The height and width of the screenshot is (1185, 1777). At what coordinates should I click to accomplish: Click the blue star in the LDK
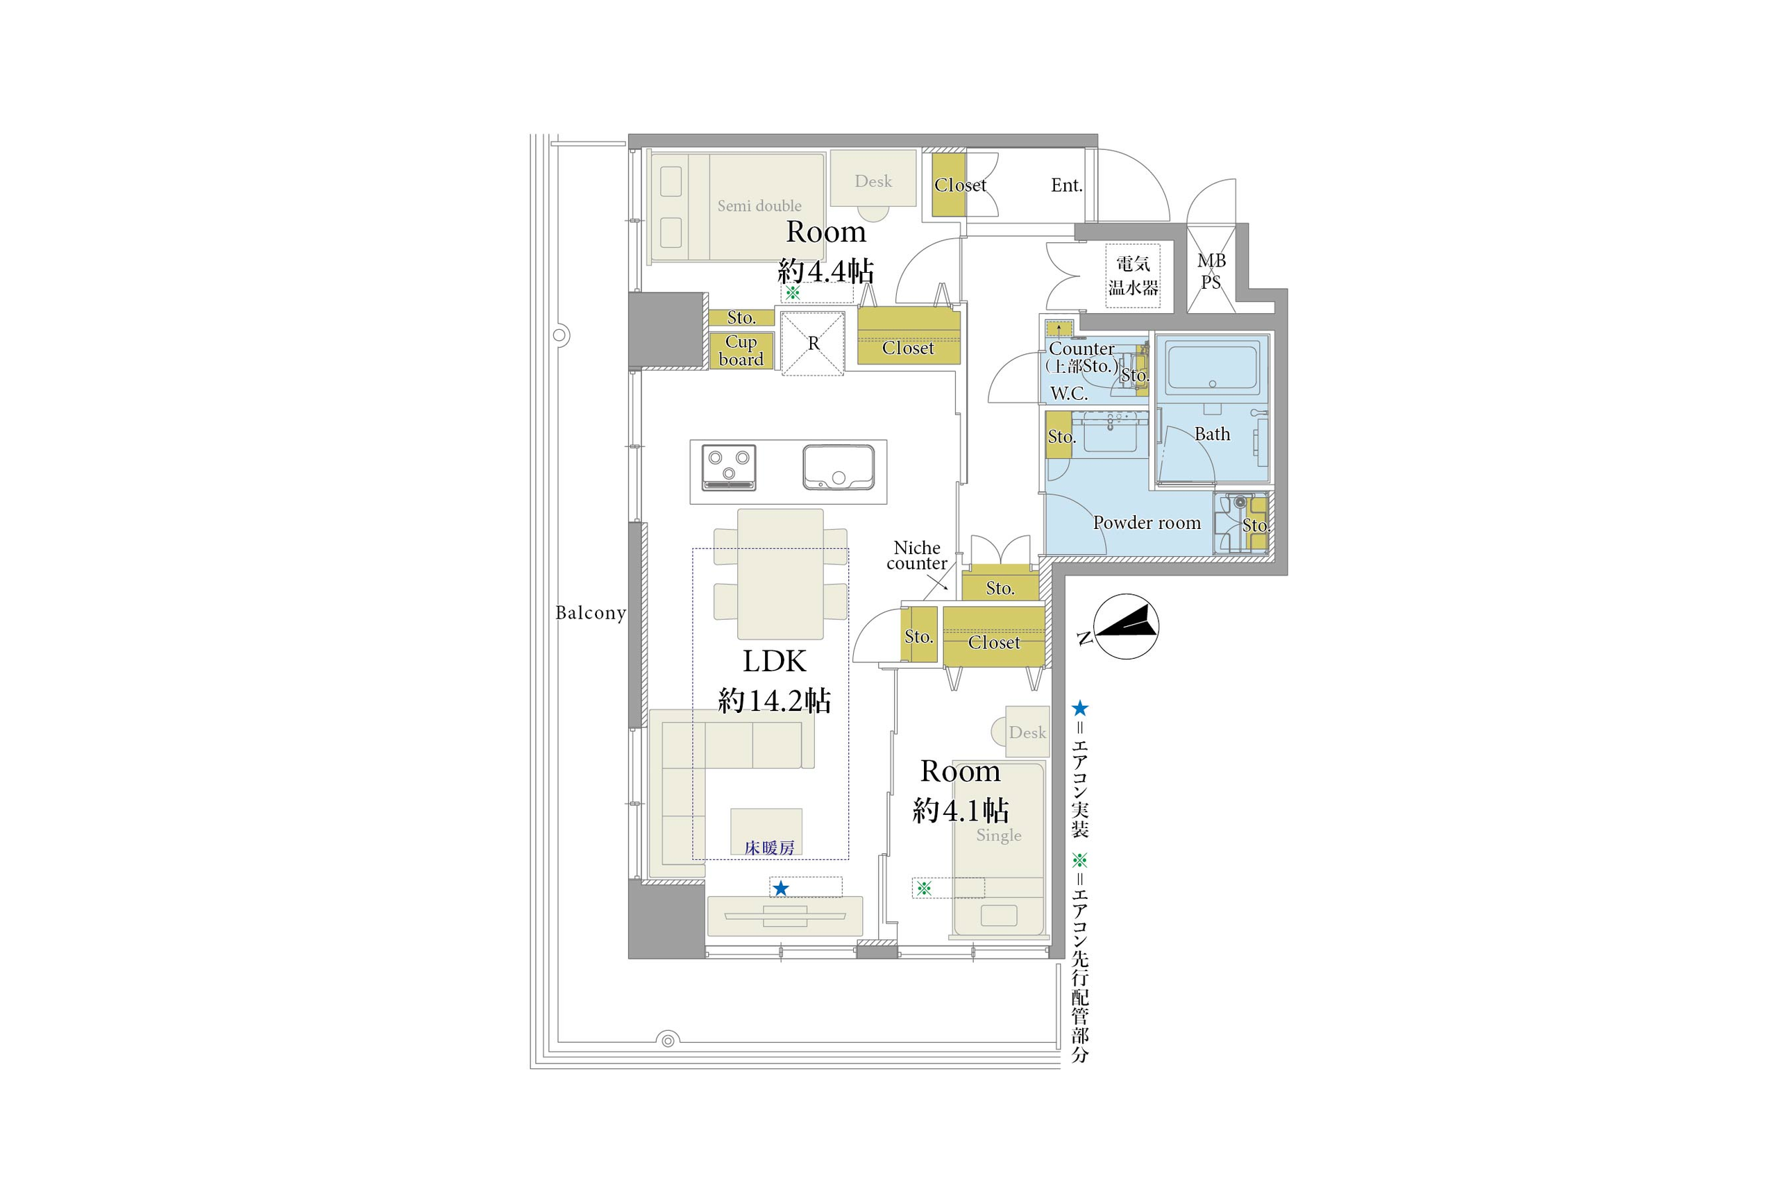tap(781, 889)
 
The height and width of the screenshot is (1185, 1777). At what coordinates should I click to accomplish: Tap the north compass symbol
tap(1126, 625)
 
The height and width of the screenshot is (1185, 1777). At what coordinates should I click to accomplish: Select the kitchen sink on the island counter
tap(839, 467)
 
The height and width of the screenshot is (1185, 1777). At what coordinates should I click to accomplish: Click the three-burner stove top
tap(728, 467)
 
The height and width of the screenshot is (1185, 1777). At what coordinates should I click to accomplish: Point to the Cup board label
tap(741, 351)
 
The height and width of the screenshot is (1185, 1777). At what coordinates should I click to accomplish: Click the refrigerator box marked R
tap(813, 344)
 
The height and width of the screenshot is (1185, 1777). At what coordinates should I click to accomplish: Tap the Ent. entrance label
tap(1067, 185)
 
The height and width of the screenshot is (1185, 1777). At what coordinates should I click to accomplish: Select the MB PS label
tap(1211, 271)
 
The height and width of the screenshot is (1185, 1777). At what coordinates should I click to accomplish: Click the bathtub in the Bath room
tap(1212, 367)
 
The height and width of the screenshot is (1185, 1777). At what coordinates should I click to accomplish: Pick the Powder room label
tap(1147, 523)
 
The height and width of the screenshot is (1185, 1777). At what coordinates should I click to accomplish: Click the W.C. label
tap(1069, 393)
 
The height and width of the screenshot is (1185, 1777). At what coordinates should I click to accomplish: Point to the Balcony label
tap(591, 613)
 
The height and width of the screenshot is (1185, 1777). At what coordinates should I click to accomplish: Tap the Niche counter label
tap(916, 555)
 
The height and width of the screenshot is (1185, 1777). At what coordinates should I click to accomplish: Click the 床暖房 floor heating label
tap(769, 848)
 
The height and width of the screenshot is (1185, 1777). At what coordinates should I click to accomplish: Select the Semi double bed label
tap(759, 205)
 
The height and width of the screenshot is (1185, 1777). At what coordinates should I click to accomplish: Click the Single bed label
tap(999, 835)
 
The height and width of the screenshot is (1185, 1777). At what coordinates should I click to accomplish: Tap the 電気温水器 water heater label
tap(1133, 276)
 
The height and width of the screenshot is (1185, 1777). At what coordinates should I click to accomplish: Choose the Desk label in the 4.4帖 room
tap(873, 181)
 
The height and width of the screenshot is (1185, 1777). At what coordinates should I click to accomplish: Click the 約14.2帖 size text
tap(775, 700)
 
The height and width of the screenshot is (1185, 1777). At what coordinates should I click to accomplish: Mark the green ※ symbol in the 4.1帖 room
tap(924, 889)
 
